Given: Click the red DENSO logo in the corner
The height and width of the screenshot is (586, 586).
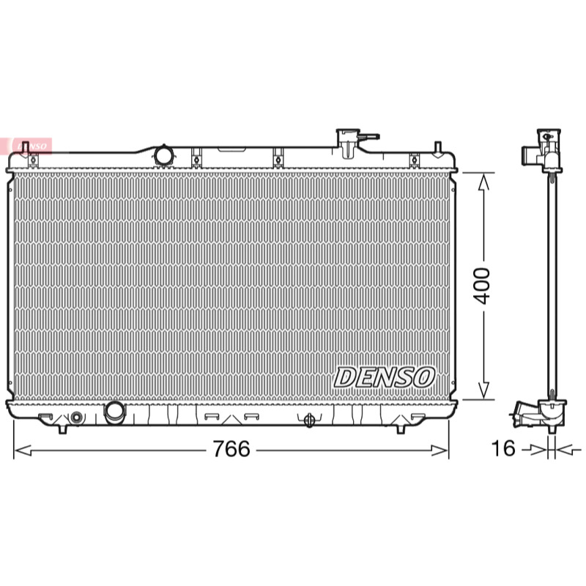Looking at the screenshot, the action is click(x=26, y=146).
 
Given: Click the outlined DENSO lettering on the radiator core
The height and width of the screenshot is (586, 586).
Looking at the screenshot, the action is click(x=384, y=377).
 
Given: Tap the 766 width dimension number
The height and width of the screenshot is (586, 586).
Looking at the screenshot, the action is click(x=231, y=448).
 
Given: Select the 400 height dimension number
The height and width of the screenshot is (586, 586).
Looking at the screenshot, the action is click(x=482, y=286).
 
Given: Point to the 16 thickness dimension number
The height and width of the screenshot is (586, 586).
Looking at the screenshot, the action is click(x=503, y=448).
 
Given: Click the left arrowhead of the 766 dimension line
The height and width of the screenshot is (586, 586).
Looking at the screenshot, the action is click(x=23, y=450).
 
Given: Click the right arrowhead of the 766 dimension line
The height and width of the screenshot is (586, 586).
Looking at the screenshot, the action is click(x=439, y=450).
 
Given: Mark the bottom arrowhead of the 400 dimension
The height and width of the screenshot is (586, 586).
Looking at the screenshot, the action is click(x=483, y=390).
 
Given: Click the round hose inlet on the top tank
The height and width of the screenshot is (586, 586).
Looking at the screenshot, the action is click(x=163, y=155).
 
